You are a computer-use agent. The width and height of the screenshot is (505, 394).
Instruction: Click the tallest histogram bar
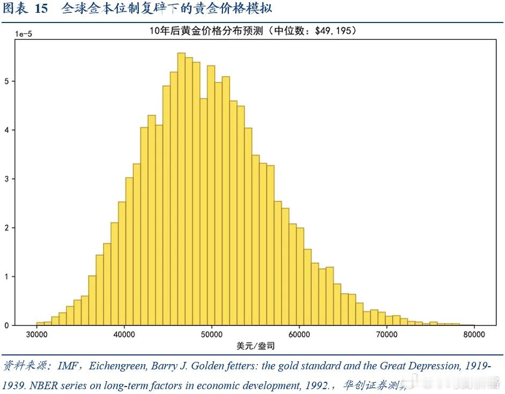pos(181,187)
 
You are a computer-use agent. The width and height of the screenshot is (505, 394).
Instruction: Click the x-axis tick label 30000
pos(36,335)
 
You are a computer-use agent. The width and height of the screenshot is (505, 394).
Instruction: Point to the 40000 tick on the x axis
pos(124,335)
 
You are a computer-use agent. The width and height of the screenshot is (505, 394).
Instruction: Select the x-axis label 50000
pos(211,335)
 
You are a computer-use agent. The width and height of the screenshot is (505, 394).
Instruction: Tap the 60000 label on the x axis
pos(299,335)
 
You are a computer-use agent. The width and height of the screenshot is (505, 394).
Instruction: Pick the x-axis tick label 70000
pos(387,335)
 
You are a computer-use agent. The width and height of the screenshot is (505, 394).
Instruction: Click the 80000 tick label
pos(474,335)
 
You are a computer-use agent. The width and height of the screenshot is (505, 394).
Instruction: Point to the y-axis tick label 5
pos(7,81)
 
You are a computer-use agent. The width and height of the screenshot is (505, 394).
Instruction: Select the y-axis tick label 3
pos(7,179)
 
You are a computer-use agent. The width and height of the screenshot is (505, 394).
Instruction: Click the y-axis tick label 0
pos(7,325)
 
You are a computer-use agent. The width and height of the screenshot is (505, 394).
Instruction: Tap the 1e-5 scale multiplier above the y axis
pos(23,34)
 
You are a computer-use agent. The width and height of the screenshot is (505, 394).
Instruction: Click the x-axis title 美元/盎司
pos(255,346)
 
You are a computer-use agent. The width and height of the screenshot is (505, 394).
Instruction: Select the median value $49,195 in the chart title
pos(333,31)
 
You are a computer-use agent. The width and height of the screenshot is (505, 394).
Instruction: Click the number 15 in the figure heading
pos(41,9)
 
